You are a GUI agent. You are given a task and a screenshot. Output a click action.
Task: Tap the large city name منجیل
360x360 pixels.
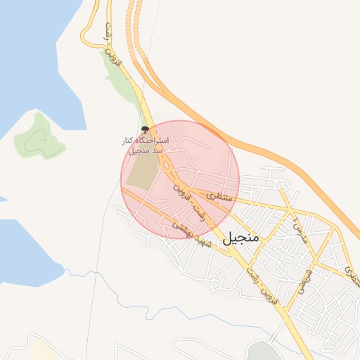click(x=241, y=238)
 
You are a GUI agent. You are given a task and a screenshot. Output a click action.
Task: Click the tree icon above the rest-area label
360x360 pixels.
click(x=145, y=129)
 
